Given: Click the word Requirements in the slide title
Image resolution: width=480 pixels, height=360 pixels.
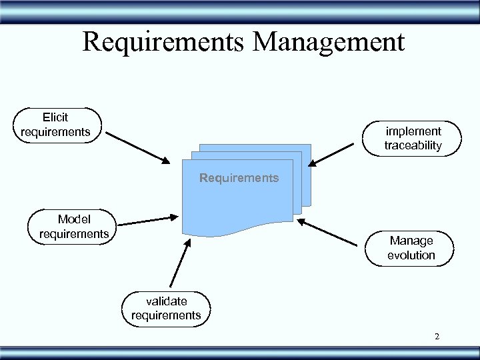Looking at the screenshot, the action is pos(163,42).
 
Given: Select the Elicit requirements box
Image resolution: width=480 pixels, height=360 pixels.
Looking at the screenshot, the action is pos(57,125).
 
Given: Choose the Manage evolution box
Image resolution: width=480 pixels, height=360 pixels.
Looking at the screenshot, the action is pos(411,247).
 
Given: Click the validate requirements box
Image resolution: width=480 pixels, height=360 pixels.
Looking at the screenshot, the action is pos(166,308).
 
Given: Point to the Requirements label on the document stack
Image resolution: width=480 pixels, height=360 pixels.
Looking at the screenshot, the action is pos(239,178).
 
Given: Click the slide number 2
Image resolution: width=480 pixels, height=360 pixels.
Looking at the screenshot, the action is pos(437,337).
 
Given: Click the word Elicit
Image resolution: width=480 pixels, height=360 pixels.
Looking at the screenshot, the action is pos(55,117).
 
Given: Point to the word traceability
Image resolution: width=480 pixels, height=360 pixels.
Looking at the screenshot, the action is pos(413,145).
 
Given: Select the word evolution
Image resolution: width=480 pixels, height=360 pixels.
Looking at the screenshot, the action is pos(411,255).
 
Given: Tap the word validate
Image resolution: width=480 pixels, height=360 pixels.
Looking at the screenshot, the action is pos(166,301).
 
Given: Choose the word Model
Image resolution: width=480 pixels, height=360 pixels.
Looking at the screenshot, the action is pos(73,219).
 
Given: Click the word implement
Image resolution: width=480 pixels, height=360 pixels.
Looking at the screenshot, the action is pos(413,131).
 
